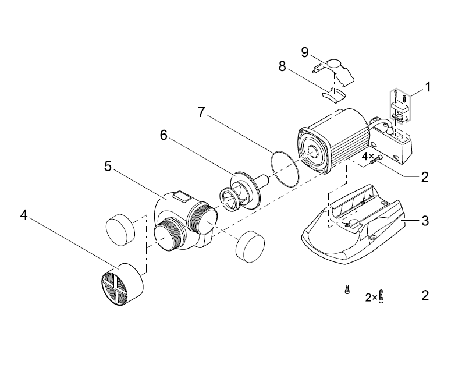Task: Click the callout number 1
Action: point(428,87)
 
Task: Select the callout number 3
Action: point(425,221)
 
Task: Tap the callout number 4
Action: point(24,215)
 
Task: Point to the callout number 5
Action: point(108,166)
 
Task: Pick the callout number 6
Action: point(164,135)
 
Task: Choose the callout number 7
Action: point(201,112)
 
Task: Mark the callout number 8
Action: point(282,66)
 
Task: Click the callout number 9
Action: point(305,52)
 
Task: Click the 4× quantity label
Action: point(368,156)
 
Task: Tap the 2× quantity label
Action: point(371,298)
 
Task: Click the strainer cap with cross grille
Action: point(122,285)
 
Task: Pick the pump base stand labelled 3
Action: point(353,228)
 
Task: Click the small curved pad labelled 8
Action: point(333,97)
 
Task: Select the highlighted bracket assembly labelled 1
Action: point(400,105)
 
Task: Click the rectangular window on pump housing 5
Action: point(183,197)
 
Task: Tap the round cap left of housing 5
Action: point(120,230)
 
